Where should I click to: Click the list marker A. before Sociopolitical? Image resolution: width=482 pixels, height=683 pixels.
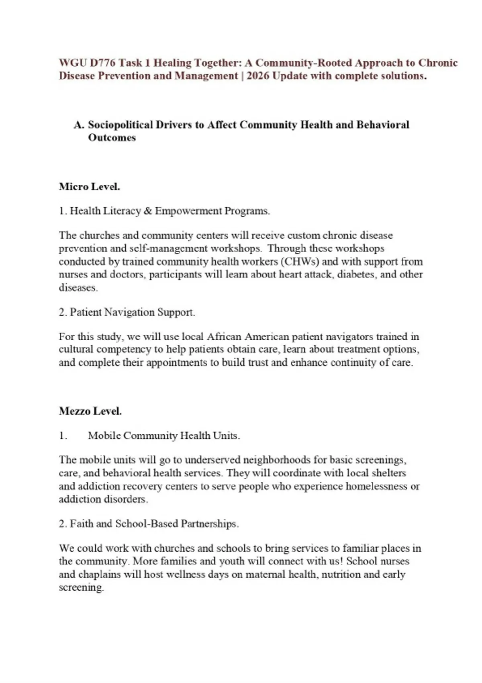click(x=79, y=125)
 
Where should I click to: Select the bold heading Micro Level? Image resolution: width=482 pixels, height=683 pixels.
click(x=89, y=187)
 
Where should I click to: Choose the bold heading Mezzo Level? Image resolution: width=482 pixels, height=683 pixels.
click(x=90, y=411)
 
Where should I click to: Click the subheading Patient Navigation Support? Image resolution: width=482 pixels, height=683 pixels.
click(x=132, y=312)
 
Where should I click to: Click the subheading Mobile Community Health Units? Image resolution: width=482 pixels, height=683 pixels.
click(x=164, y=436)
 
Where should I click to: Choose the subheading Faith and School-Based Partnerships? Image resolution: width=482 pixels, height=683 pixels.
click(x=154, y=523)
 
